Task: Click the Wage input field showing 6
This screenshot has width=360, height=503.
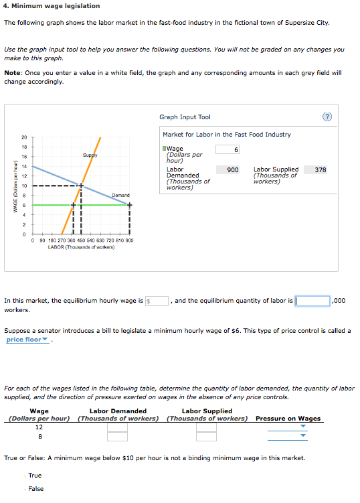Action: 228,149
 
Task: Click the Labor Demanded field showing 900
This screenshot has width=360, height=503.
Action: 228,170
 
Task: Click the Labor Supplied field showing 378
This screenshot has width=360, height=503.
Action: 320,170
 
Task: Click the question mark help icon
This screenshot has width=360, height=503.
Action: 327,117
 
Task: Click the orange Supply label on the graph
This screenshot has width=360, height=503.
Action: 90,155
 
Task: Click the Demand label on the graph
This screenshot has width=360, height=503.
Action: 120,195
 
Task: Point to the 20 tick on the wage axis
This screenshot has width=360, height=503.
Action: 23,137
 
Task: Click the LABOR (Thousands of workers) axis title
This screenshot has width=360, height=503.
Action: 81,247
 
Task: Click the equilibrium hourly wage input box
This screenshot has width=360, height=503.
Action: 157,301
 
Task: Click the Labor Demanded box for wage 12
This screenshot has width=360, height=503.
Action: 117,427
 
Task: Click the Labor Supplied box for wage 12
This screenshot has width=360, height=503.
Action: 206,427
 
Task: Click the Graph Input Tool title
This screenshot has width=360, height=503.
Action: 185,117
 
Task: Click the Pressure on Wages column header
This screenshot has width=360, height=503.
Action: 288,419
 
